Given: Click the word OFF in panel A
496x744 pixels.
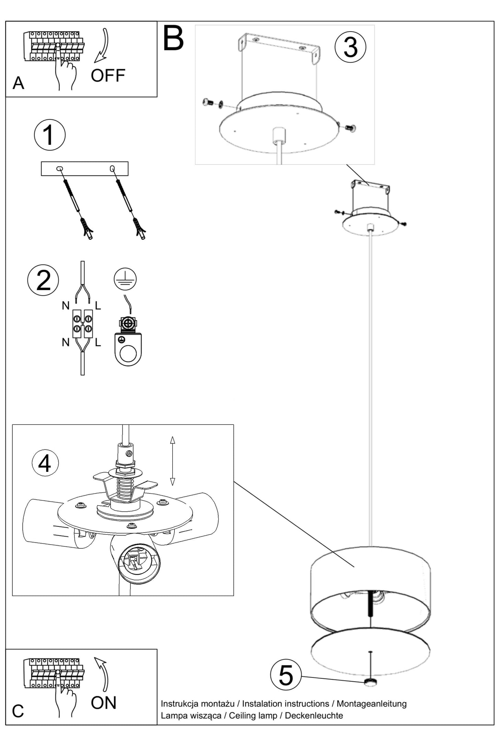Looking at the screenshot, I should [108, 76].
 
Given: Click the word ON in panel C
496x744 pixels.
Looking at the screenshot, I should [103, 703].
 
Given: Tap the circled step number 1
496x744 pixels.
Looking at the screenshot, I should [50, 135].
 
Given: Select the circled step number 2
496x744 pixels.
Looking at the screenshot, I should [43, 280].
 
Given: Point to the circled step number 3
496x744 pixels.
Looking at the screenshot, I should [350, 47].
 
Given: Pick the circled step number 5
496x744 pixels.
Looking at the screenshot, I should [286, 675].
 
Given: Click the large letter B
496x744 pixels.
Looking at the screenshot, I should [173, 38].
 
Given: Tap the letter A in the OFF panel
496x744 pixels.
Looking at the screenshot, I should [19, 83].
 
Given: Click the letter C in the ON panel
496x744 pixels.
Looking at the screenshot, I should [18, 711].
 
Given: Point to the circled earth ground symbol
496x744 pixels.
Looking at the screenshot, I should [125, 279].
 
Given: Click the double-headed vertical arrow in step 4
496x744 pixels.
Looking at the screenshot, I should [173, 461].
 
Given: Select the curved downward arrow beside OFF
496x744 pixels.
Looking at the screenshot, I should [102, 46].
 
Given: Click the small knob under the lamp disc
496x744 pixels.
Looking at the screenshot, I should [370, 682].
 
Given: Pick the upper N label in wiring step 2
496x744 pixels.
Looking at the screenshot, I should [66, 305].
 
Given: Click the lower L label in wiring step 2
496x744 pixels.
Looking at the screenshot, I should [98, 342].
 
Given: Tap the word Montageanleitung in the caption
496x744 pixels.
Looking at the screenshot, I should [371, 704].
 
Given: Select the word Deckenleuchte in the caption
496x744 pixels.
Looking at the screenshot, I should [314, 716].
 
